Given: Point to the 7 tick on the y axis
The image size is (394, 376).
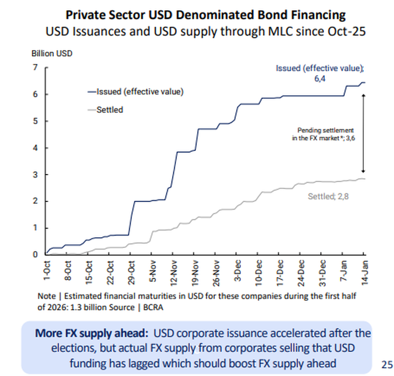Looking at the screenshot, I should point(35,68).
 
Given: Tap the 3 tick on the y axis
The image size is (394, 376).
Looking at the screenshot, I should point(35,174).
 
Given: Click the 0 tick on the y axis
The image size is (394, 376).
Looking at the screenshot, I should point(35,254).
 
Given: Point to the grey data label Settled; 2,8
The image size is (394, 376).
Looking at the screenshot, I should point(329,197).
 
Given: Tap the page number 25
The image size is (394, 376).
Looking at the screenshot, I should point(387,364).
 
